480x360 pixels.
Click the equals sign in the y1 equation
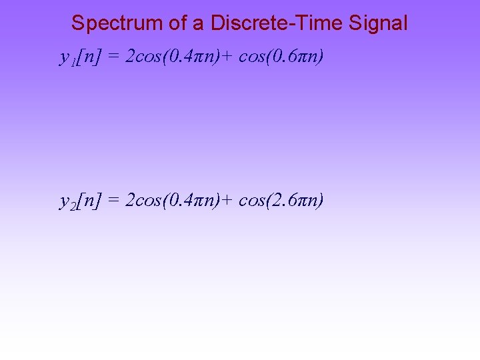113,58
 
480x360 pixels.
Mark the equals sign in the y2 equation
113,201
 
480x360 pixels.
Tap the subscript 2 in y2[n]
71,205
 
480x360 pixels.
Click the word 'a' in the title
198,24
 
